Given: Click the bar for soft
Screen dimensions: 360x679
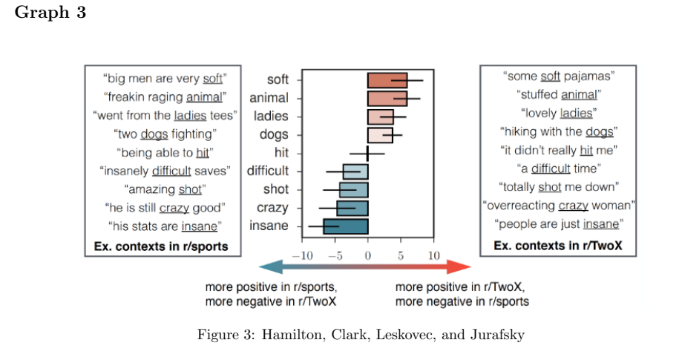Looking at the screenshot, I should click(x=387, y=80).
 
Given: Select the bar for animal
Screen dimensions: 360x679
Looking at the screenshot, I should click(x=387, y=98).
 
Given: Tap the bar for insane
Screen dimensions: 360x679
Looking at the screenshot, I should click(x=346, y=226).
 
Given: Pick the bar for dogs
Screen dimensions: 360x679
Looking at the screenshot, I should click(x=380, y=134).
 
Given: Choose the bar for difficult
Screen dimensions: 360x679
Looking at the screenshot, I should click(x=355, y=171).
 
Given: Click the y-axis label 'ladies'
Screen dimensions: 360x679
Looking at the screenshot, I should click(x=271, y=116).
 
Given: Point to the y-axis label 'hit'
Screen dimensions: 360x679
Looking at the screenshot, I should click(x=281, y=153).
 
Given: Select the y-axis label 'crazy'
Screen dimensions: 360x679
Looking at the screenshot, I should click(x=272, y=208).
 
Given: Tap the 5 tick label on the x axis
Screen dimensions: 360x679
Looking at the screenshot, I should click(x=400, y=255).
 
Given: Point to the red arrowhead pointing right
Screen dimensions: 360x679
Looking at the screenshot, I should click(x=463, y=268).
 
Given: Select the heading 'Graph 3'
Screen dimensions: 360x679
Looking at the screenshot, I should click(x=50, y=14).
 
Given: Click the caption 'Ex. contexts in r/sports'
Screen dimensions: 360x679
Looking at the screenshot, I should click(x=161, y=246).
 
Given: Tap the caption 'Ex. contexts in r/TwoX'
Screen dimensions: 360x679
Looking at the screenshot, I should click(x=558, y=245).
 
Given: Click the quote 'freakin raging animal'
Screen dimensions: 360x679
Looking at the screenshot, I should click(x=165, y=96).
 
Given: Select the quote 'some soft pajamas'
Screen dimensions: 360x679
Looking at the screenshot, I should click(x=559, y=76).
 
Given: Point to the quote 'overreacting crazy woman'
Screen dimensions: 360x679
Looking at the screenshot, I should click(x=559, y=205).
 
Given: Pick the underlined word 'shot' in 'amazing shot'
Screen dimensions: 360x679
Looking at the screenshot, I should click(x=191, y=189).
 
